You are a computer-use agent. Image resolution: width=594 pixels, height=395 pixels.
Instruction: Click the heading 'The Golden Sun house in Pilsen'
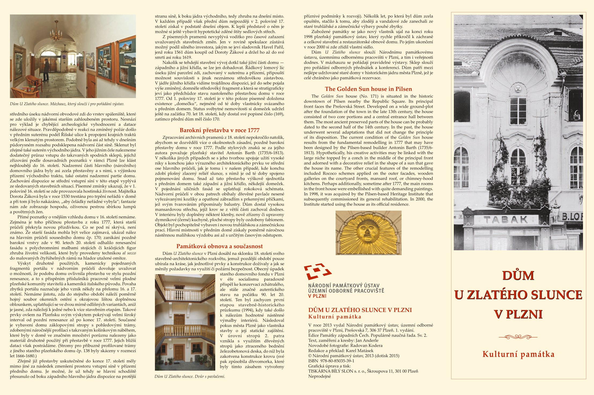coord(368,89)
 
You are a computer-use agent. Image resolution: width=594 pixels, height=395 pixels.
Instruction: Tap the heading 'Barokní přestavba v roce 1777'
coord(220,131)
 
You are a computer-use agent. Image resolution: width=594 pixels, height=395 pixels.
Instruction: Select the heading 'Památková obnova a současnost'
coord(220,246)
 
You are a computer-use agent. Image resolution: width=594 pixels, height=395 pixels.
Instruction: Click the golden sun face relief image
coord(368,233)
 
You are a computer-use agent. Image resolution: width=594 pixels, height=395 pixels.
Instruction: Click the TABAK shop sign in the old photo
coord(506,220)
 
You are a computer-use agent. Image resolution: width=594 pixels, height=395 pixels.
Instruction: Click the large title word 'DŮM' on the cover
coord(518,275)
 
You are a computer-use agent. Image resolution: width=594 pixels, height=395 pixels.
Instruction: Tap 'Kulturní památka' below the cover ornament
coord(518,354)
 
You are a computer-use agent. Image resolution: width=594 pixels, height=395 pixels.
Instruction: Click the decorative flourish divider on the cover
coord(518,337)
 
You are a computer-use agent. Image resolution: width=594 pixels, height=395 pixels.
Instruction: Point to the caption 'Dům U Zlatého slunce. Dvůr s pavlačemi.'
coord(190,377)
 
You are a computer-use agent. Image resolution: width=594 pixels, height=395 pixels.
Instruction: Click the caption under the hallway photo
coord(67,104)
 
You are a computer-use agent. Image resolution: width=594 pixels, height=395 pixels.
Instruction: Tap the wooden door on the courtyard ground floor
coord(179,352)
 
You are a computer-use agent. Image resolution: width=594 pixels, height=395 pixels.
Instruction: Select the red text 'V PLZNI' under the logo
coord(317,296)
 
